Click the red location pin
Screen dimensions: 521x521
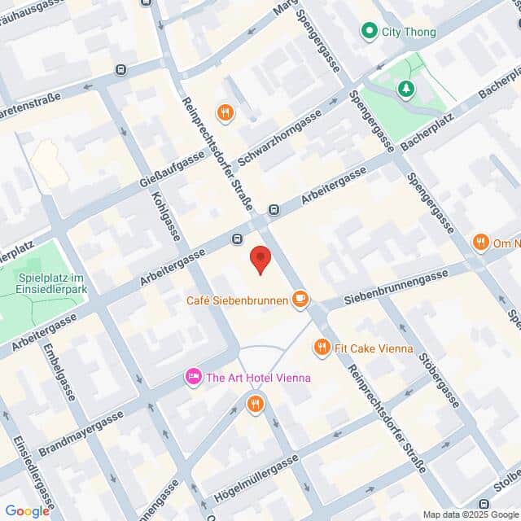(260, 259)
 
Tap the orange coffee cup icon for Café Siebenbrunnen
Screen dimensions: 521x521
(300, 300)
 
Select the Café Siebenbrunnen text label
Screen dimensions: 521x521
(237, 300)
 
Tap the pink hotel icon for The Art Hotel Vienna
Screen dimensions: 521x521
(194, 377)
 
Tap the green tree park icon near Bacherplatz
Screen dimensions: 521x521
(405, 87)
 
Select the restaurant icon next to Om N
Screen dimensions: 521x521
(480, 242)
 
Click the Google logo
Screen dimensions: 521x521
(27, 510)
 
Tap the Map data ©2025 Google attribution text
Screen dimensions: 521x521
(471, 514)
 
